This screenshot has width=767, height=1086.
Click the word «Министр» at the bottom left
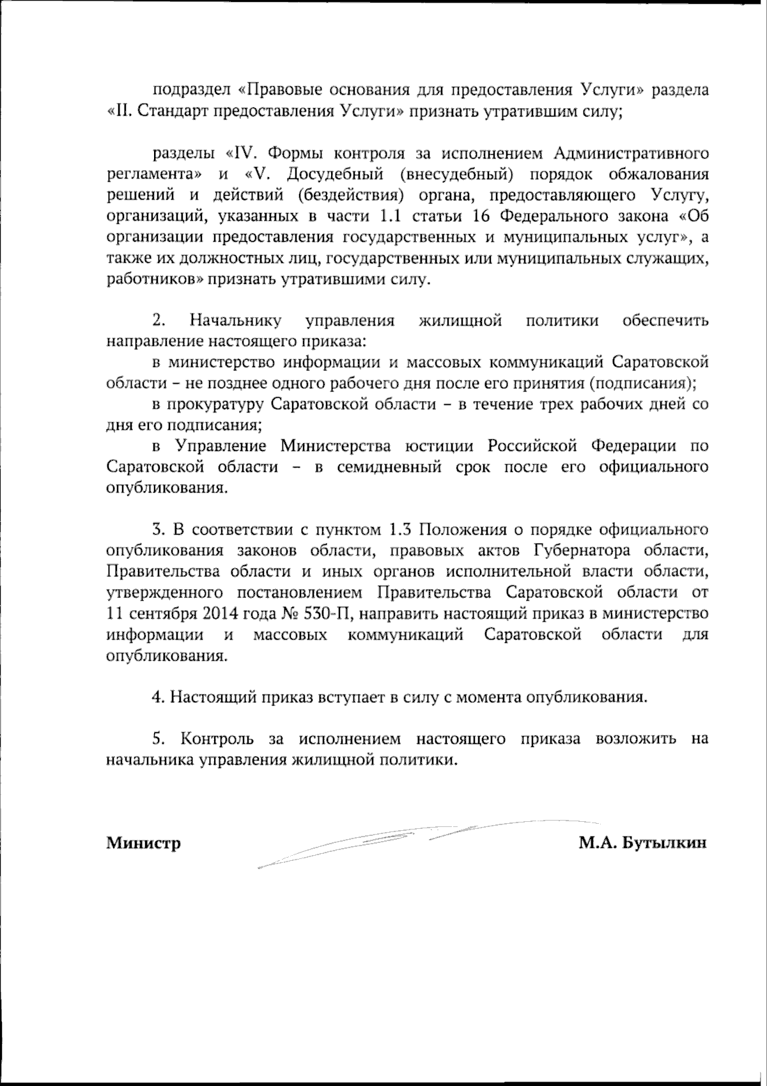coord(143,844)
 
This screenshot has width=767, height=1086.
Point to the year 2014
coord(224,614)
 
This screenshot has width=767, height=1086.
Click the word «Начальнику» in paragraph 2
coord(236,321)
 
